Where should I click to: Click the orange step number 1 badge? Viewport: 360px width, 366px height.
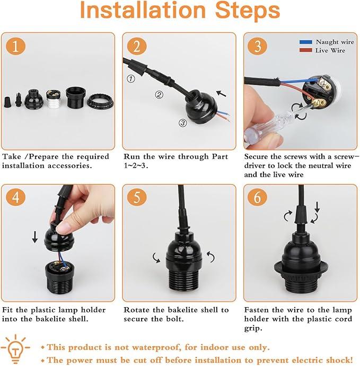point(16,47)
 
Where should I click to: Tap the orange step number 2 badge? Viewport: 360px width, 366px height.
point(137,47)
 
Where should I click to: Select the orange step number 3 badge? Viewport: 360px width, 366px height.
point(258,47)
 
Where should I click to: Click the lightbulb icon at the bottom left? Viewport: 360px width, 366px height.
point(16,347)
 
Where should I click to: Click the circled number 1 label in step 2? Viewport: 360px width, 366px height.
point(130,79)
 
